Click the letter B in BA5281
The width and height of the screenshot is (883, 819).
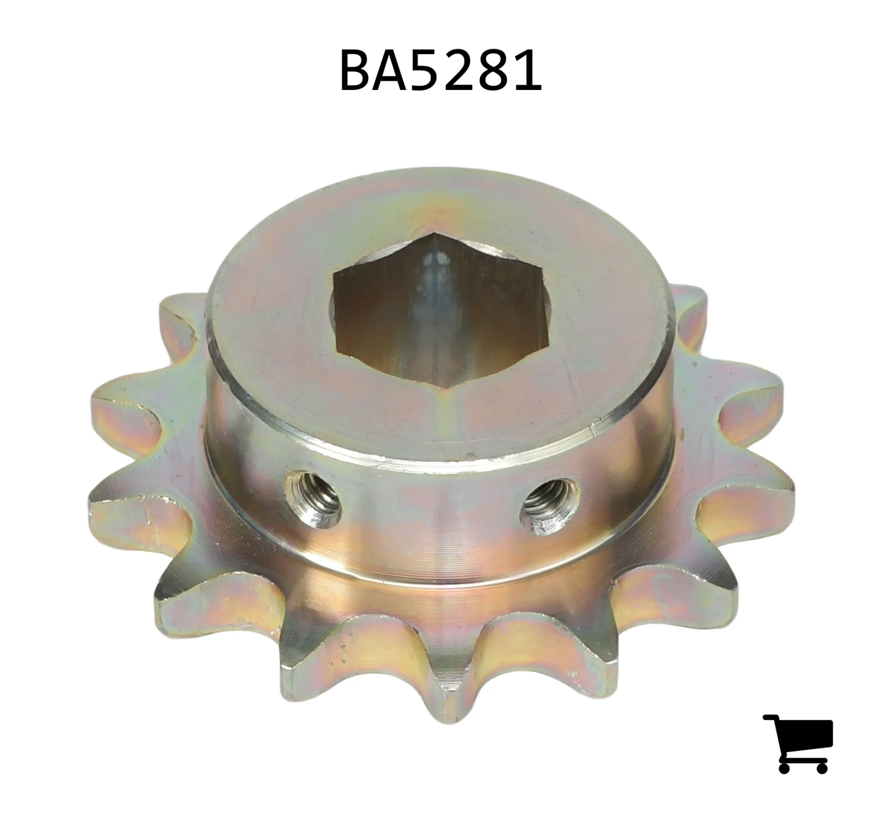tap(355, 71)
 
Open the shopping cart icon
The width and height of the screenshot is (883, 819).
tap(798, 743)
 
